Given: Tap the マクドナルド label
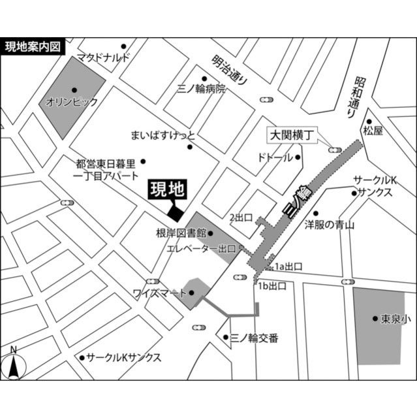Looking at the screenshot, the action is (x=104, y=57).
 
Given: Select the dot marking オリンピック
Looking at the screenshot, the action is (x=74, y=89).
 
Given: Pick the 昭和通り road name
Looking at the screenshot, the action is (x=356, y=97).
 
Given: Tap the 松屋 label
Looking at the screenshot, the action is (x=374, y=131).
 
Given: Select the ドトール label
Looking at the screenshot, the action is (x=275, y=157).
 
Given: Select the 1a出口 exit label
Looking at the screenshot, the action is (x=288, y=266).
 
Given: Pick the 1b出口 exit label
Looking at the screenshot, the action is (x=273, y=286).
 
